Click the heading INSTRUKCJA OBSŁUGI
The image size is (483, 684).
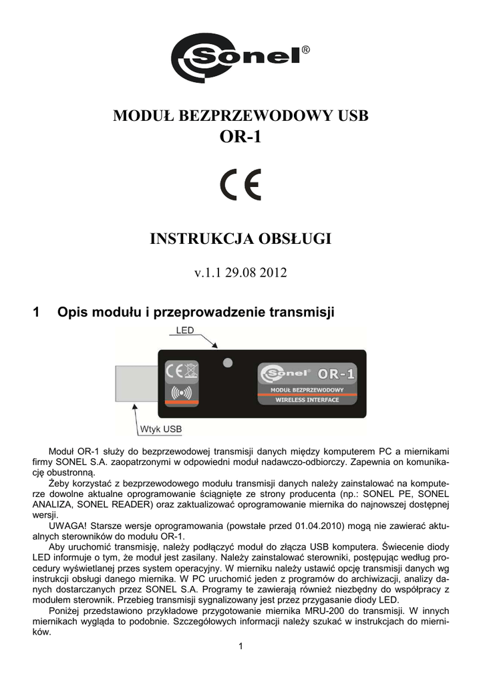click(241, 238)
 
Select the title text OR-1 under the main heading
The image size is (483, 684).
click(241, 137)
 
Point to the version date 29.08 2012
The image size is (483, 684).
click(259, 274)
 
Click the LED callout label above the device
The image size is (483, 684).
click(185, 330)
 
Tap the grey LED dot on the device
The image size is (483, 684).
click(228, 363)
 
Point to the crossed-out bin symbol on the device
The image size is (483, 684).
click(190, 369)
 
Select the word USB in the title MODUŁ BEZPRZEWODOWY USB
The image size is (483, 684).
click(353, 116)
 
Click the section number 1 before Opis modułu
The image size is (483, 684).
click(37, 312)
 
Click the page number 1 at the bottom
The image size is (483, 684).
click(241, 645)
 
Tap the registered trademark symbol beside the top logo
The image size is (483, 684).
click(305, 50)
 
